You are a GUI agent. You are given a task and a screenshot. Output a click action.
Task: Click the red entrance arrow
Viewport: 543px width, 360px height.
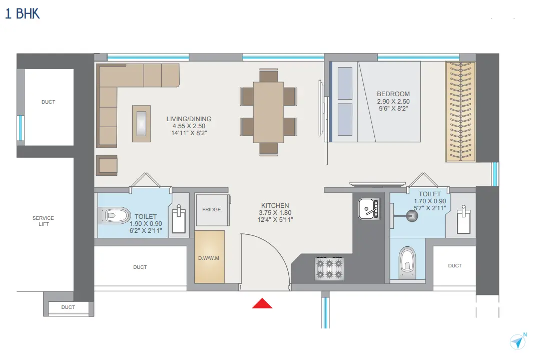[262, 303]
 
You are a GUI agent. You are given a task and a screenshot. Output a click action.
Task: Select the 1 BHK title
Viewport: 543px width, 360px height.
[22, 14]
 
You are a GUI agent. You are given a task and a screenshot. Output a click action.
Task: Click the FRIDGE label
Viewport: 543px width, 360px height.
[211, 210]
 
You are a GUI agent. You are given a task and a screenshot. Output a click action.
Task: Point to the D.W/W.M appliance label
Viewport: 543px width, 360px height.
[209, 258]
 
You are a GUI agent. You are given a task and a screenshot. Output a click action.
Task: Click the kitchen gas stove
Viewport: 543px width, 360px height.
[329, 268]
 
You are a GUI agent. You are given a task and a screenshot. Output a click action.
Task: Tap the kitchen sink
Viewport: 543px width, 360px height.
[369, 209]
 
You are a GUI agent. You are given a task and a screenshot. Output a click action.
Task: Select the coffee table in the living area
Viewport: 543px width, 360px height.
[141, 124]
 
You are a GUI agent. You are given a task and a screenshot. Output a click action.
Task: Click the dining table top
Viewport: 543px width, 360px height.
[268, 112]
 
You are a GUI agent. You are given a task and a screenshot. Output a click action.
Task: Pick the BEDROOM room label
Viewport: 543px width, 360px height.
[393, 94]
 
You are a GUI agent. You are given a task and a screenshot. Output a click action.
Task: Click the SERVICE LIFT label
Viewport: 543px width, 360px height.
[43, 221]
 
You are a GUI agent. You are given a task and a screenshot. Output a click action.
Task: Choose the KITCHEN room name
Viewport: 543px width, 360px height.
[275, 205]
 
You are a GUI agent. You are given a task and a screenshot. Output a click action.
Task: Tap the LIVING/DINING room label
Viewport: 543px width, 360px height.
[189, 119]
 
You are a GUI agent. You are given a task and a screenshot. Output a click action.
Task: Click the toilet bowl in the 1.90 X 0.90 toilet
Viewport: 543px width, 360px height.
[115, 215]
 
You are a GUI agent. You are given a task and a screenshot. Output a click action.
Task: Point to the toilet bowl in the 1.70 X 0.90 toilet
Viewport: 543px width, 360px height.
[407, 263]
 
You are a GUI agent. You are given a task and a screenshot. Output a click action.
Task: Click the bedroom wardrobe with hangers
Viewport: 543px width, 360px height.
[460, 112]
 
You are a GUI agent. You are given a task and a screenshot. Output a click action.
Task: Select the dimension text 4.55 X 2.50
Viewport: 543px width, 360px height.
[189, 126]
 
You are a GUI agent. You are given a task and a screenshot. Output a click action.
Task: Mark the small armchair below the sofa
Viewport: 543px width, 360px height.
[107, 165]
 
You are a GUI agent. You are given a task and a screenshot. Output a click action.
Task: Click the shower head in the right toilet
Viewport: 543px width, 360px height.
[412, 216]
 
